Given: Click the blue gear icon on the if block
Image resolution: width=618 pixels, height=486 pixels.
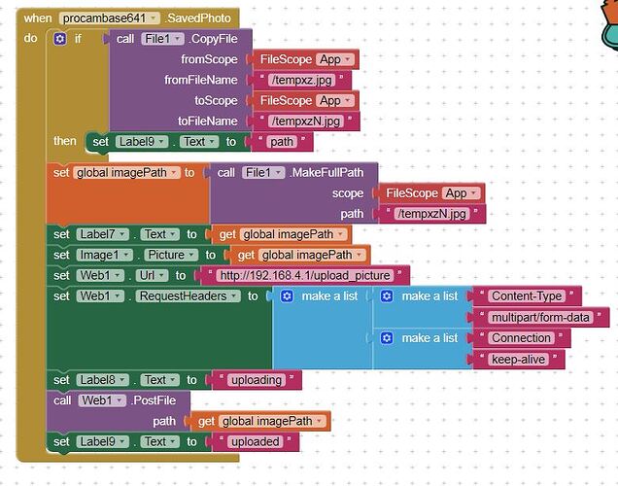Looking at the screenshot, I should coord(60,39).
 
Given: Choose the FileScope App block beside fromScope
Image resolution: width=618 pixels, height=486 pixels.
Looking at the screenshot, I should coord(306,59).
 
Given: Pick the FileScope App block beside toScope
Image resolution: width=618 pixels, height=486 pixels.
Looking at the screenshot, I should coord(306,100).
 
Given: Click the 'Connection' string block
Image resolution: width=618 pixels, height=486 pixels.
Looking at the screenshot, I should coord(521,338).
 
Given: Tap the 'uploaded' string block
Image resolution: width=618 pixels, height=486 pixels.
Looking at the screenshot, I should coord(254,441).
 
